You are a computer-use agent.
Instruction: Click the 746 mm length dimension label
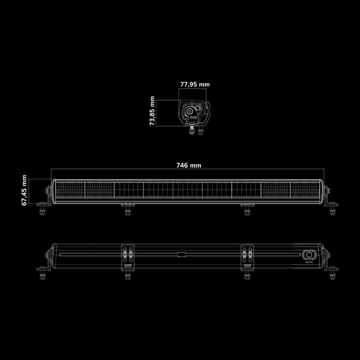point(188,165)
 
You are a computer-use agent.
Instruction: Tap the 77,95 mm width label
point(195,84)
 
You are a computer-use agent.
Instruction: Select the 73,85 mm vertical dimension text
point(152,111)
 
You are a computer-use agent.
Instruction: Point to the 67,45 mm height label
point(24,190)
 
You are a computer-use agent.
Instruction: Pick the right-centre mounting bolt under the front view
point(246,210)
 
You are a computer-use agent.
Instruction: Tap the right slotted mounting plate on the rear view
point(246,256)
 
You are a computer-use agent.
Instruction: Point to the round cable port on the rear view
point(308,254)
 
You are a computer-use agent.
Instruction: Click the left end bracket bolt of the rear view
point(42,276)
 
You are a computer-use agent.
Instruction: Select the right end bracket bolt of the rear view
point(332,276)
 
